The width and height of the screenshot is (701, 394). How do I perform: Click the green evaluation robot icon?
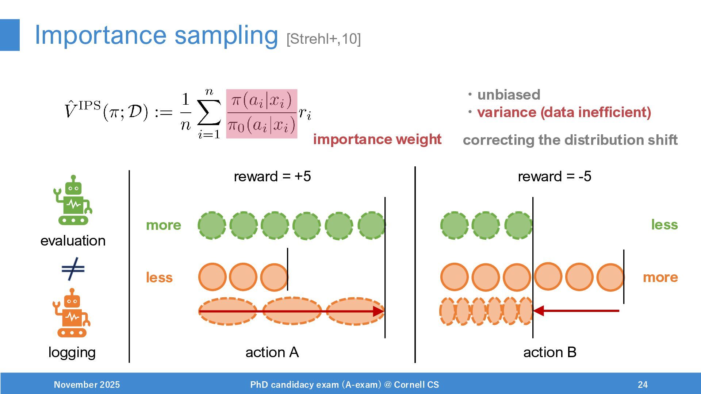coord(73,200)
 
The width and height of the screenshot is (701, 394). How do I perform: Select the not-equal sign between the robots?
coord(73,269)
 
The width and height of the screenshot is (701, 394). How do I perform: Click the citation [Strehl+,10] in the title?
coord(323,39)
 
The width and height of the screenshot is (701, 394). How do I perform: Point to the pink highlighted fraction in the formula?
coord(261,114)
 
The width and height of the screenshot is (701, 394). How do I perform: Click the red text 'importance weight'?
coord(377,139)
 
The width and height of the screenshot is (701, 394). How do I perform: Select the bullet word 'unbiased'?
coord(509,95)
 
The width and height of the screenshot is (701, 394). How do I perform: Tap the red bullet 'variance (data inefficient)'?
coord(564,112)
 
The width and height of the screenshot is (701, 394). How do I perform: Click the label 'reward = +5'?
coord(272,177)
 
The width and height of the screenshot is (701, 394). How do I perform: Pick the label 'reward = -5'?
coord(554,177)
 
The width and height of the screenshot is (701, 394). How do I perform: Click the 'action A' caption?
coord(272,352)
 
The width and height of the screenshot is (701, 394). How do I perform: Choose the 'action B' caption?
coord(549,352)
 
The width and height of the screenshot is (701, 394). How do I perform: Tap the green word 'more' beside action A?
coord(163,225)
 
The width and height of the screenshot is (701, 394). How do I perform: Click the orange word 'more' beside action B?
coord(660,277)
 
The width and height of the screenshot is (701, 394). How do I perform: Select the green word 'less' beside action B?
coord(664,225)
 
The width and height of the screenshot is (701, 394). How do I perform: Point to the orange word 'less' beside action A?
coord(159,278)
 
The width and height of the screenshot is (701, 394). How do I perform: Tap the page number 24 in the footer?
coord(643,385)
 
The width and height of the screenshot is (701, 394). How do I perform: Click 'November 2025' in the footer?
coord(87,385)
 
